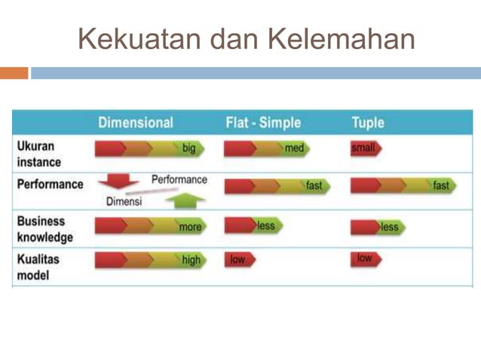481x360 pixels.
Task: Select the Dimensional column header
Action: [x=136, y=123]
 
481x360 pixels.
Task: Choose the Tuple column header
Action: [x=367, y=123]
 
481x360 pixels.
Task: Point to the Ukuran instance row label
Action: [x=38, y=154]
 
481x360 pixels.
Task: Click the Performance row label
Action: [x=50, y=185]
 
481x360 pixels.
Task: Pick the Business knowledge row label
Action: [x=44, y=230]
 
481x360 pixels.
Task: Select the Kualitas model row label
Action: [x=38, y=267]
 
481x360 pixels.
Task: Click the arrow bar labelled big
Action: [x=149, y=148]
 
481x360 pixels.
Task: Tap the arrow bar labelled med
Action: [x=266, y=148]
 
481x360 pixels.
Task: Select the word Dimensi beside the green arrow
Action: [x=124, y=202]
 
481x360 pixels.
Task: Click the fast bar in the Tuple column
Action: [x=403, y=185]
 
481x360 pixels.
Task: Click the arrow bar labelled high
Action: [x=149, y=261]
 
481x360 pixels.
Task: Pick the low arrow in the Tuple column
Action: [x=366, y=259]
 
